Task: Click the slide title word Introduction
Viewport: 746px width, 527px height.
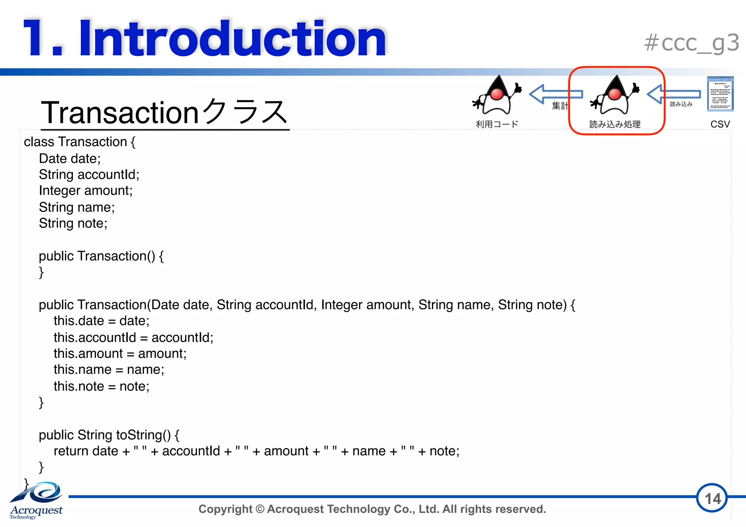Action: pyautogui.click(x=232, y=39)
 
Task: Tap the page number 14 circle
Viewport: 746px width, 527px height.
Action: pyautogui.click(x=712, y=499)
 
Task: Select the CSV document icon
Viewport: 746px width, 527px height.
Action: pyautogui.click(x=720, y=94)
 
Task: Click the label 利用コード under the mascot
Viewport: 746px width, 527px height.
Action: pyautogui.click(x=497, y=124)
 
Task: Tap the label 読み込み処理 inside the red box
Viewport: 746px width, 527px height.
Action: pyautogui.click(x=615, y=124)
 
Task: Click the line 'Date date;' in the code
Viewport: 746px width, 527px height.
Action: pyautogui.click(x=70, y=158)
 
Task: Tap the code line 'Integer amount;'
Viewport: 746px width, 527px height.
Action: pyautogui.click(x=86, y=190)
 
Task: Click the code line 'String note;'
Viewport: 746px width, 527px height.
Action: pyautogui.click(x=73, y=223)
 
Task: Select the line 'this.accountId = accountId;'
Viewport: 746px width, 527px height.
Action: pyautogui.click(x=133, y=337)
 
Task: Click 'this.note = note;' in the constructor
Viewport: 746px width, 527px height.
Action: pyautogui.click(x=101, y=386)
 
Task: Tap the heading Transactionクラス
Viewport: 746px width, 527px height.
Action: pyautogui.click(x=165, y=112)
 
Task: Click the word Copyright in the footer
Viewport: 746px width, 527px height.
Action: pyautogui.click(x=225, y=509)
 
